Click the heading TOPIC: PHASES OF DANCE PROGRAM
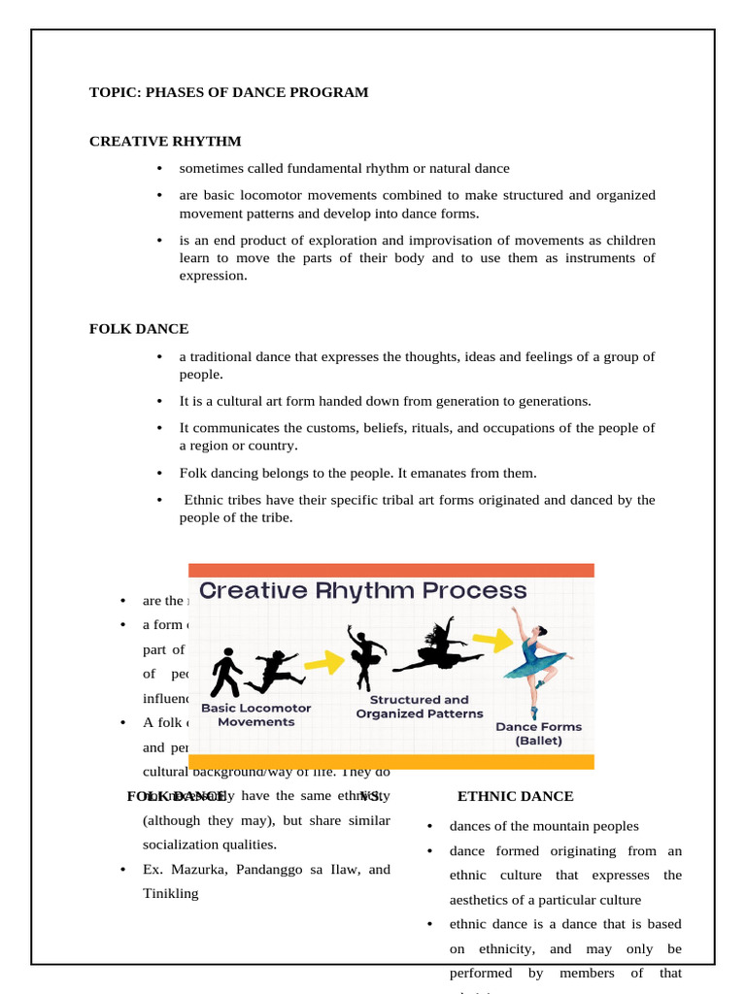(x=229, y=93)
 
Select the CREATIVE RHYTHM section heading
(x=165, y=142)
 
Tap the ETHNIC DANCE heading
(x=515, y=796)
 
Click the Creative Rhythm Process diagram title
(x=363, y=590)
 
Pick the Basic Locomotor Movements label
(x=256, y=714)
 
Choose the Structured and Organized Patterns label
(x=420, y=707)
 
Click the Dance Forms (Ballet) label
(x=538, y=733)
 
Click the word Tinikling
(x=170, y=894)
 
